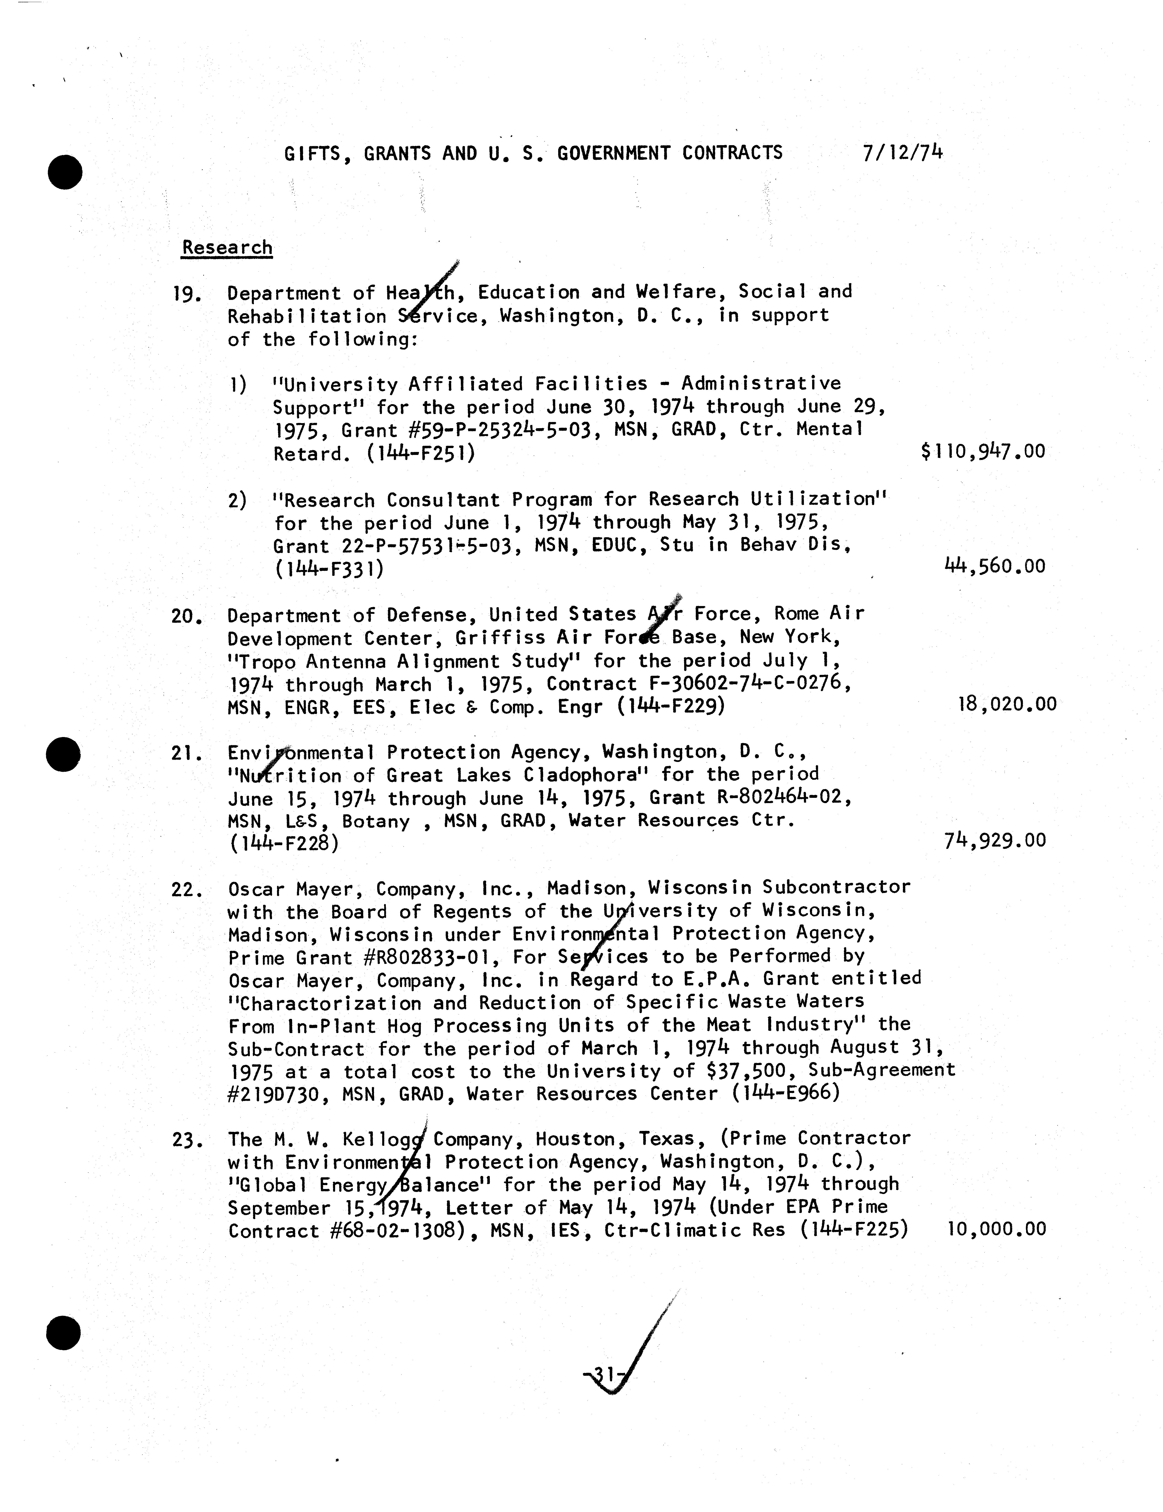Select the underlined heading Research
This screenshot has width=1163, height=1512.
tap(227, 248)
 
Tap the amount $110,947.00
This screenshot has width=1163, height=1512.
tap(983, 452)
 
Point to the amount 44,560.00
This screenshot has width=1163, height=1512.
tap(995, 566)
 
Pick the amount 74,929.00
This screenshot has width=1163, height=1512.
tap(995, 841)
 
